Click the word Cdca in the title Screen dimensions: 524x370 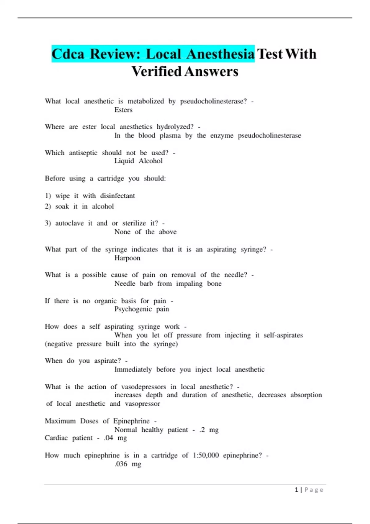tap(68, 54)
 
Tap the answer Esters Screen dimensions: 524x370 tap(123, 110)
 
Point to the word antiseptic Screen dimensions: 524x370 tap(83, 153)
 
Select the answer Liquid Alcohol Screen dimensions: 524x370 tap(138, 161)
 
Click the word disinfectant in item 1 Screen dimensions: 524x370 tap(117, 196)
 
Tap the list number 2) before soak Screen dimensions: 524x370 tap(48, 207)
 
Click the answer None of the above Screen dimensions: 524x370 tap(145, 232)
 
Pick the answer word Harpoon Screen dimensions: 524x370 tap(127, 258)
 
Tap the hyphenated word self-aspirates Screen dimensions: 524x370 tap(283, 335)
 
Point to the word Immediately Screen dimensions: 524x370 tap(133, 369)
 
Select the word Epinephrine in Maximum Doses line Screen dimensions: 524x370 tap(131, 421)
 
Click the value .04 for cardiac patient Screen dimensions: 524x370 tap(109, 438)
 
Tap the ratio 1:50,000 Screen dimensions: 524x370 tap(206, 455)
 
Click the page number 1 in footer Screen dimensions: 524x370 tap(297, 490)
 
